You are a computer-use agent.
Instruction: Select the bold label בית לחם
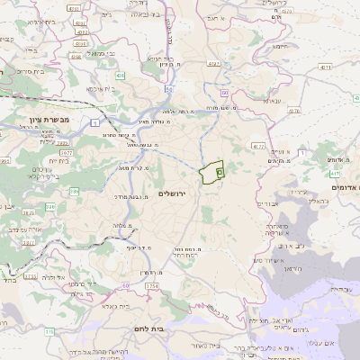[x=144, y=329]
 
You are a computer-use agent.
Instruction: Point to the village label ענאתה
[x=273, y=101]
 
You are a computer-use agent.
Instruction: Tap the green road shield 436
[x=120, y=76]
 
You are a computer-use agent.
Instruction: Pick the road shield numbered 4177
[x=259, y=145]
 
